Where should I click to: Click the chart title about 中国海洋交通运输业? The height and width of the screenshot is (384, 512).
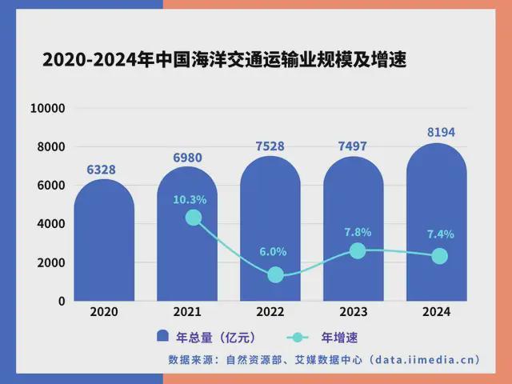[x=223, y=61]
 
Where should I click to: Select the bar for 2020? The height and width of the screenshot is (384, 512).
[x=104, y=240]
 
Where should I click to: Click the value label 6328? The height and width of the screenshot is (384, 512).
[x=104, y=170]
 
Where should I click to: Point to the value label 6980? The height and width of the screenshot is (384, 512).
[x=187, y=158]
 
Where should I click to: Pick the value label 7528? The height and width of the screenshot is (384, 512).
[x=270, y=146]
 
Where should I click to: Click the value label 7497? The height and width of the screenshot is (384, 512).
[x=354, y=147]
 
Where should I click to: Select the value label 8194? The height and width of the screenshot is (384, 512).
[x=437, y=133]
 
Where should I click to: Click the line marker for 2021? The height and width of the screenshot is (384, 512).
[x=193, y=218]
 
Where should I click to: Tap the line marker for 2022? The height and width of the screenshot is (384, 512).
[x=276, y=274]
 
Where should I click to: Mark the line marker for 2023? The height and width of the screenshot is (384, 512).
[x=358, y=250]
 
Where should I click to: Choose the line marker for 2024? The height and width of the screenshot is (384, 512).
[x=439, y=256]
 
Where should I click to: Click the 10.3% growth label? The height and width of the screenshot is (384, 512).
[x=190, y=199]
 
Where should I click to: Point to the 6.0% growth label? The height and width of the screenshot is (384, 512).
[x=272, y=251]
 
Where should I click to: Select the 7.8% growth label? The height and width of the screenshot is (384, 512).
[x=357, y=232]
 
